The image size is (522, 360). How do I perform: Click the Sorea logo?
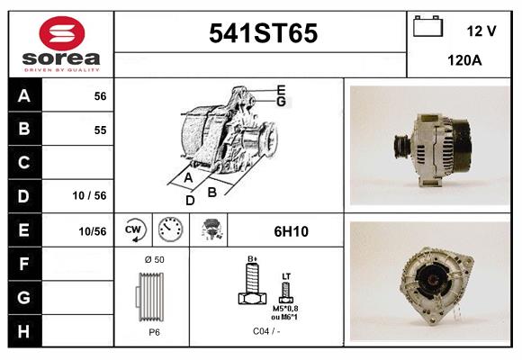pyautogui.click(x=61, y=43)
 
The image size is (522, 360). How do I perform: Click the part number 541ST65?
pyautogui.click(x=263, y=34)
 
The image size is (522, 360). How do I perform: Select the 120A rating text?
pyautogui.click(x=464, y=61)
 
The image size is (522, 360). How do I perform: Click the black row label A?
pyautogui.click(x=24, y=96)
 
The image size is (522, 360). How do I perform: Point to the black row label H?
pyautogui.click(x=24, y=330)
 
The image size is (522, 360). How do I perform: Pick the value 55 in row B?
pyautogui.click(x=100, y=130)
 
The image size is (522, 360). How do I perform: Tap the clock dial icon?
pyautogui.click(x=170, y=230)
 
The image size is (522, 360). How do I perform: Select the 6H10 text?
pyautogui.click(x=291, y=231)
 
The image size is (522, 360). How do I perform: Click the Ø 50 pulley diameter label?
pyautogui.click(x=154, y=260)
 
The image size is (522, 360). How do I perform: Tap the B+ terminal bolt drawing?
pyautogui.click(x=253, y=285)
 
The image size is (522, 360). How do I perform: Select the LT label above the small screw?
pyautogui.click(x=286, y=276)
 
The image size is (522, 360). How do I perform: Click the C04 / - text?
pyautogui.click(x=265, y=331)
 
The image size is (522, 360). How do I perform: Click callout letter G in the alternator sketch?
pyautogui.click(x=281, y=102)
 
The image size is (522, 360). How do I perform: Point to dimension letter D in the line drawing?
pyautogui.click(x=190, y=200)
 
